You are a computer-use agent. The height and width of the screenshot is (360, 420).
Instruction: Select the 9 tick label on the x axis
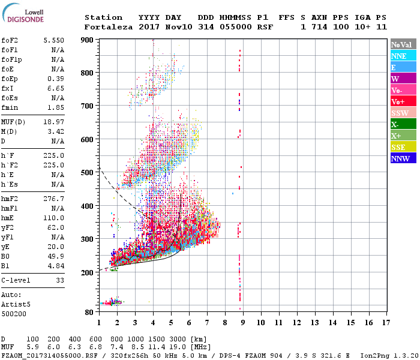(x=243, y=322)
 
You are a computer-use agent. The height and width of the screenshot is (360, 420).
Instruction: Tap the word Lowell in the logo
(x=33, y=11)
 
